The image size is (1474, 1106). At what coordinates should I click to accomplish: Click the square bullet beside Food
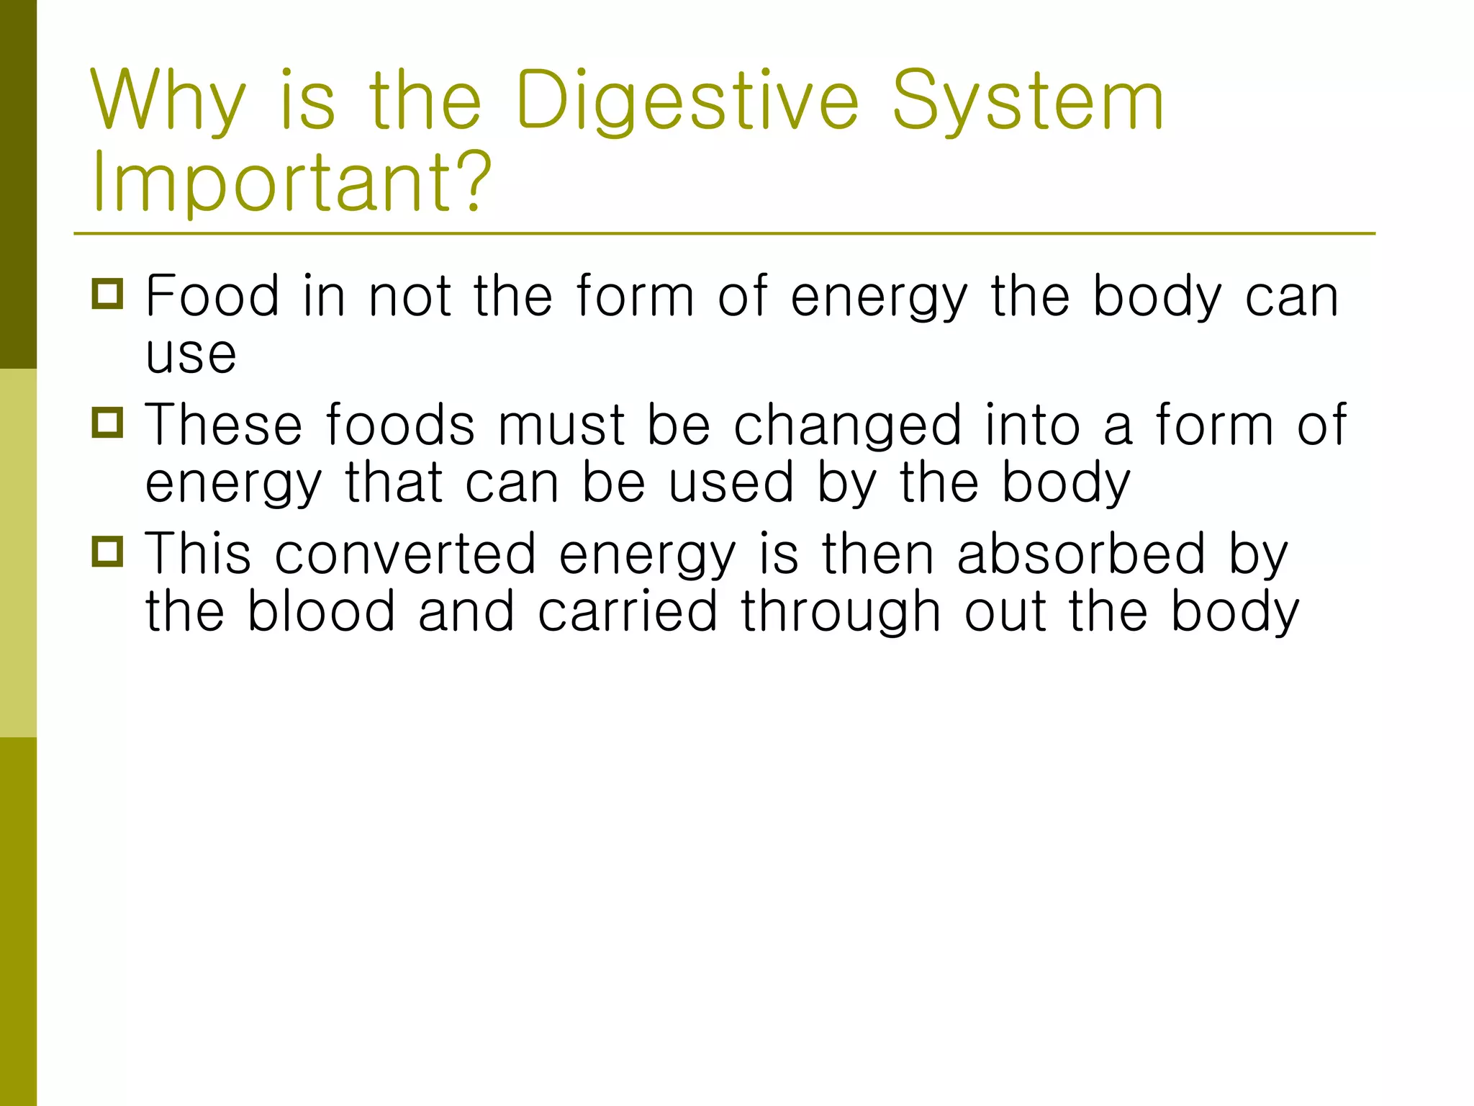(108, 294)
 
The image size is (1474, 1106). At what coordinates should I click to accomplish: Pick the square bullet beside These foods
(108, 423)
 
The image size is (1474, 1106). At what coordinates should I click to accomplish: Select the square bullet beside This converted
(108, 552)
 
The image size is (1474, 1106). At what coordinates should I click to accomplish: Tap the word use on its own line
(191, 354)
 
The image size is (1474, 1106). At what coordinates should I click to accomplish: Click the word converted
(405, 554)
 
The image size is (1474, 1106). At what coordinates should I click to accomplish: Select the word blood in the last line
(321, 611)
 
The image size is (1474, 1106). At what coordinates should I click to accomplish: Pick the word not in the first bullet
(410, 297)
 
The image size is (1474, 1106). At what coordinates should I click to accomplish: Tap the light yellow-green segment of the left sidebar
(18, 553)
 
